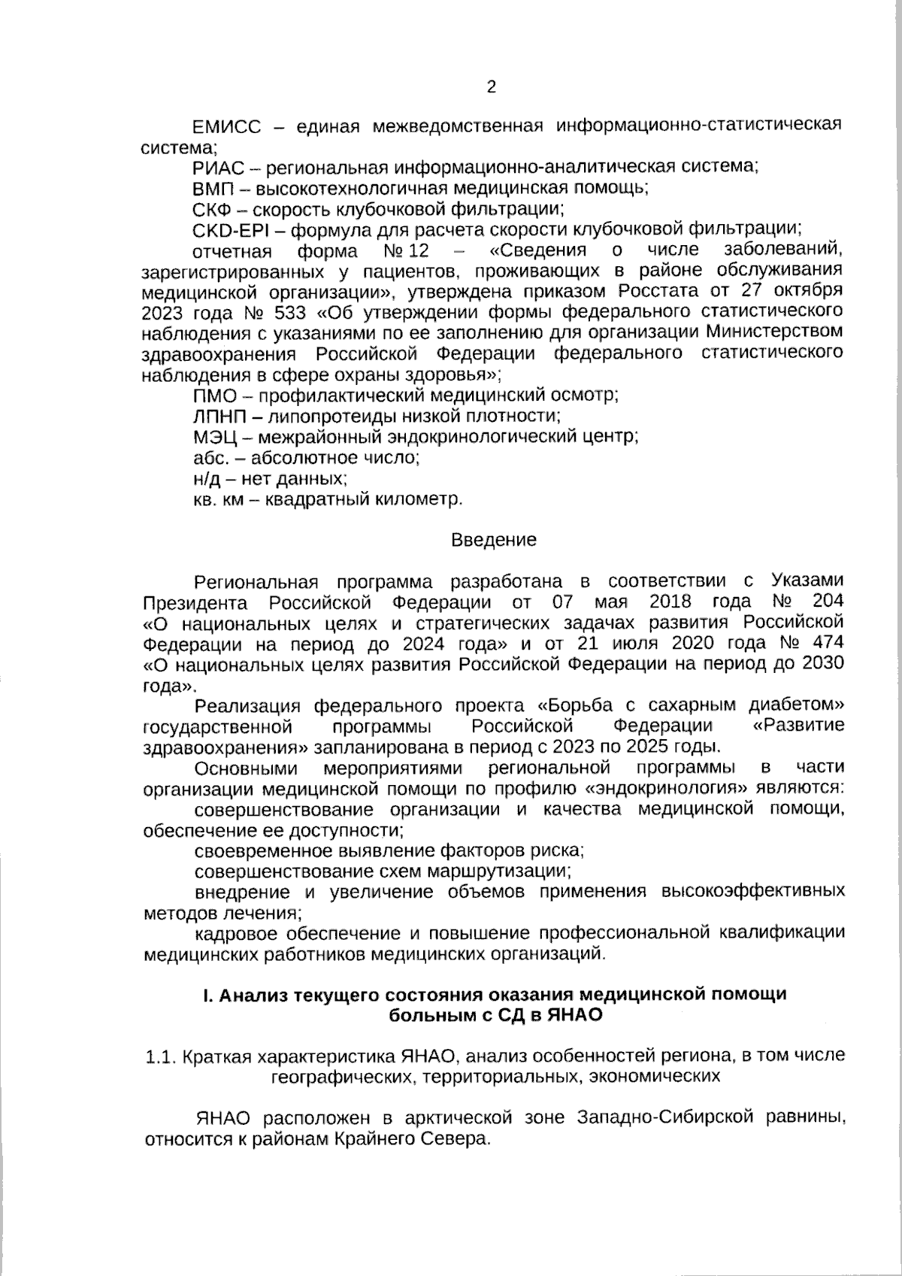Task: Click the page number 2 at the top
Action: pos(492,87)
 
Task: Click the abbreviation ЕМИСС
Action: pos(227,126)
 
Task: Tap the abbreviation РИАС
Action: pos(217,167)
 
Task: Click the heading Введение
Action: pos(494,540)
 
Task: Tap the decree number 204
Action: pos(828,602)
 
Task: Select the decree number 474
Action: pos(828,644)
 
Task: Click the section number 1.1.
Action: pos(160,1056)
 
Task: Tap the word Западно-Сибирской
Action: pos(665,1118)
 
